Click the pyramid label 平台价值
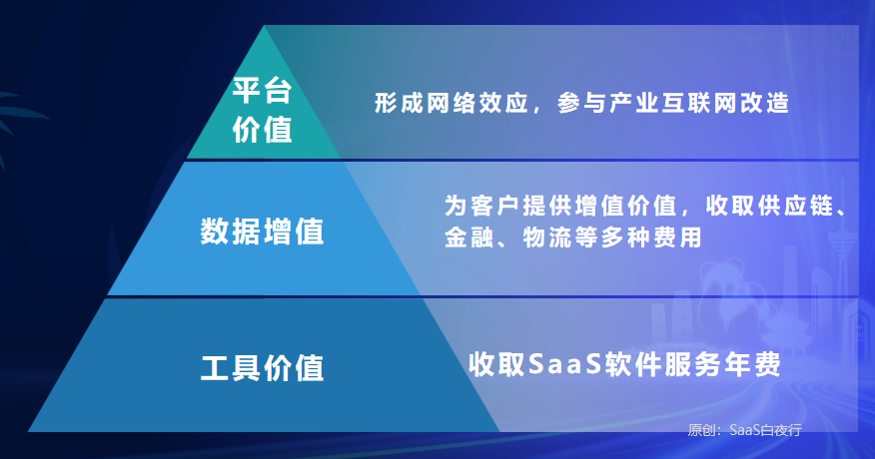click(x=262, y=111)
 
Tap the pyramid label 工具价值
click(x=263, y=366)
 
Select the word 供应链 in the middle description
click(x=794, y=207)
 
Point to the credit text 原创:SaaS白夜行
click(x=744, y=430)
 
